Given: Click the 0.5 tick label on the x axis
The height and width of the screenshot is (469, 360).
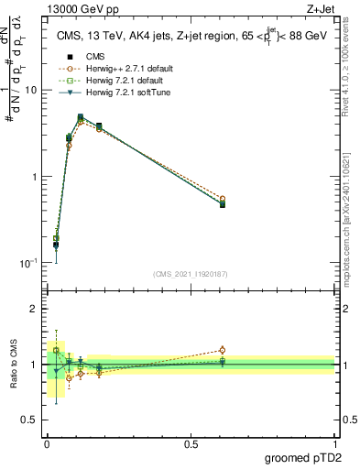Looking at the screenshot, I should coord(191,442).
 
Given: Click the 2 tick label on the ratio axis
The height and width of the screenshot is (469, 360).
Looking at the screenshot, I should coord(35,309).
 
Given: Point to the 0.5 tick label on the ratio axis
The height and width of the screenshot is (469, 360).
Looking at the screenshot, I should coord(30,420).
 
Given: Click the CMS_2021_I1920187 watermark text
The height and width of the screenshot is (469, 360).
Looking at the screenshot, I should coord(191,274).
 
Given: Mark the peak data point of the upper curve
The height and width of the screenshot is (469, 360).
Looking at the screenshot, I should coord(81,117).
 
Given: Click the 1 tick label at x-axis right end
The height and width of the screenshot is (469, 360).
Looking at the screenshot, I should coord(335,442).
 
